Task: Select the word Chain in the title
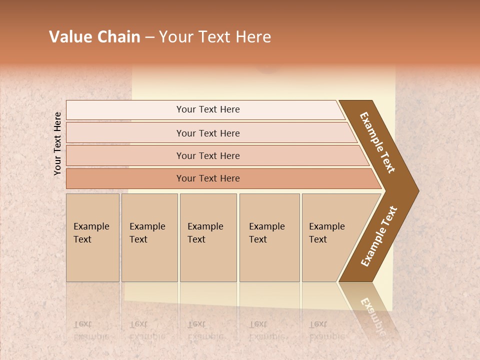pos(119,37)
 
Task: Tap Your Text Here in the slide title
pos(215,37)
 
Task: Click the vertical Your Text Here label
pos(57,143)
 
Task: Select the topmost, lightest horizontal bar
pos(208,109)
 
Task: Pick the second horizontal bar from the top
pos(208,133)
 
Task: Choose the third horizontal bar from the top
pos(208,155)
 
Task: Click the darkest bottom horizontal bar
pos(208,178)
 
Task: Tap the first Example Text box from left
pos(92,237)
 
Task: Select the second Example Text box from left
pos(149,237)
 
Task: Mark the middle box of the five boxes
pos(208,237)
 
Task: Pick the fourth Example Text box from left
pos(269,237)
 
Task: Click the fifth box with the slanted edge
pos(330,237)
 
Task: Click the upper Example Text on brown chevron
pos(377,142)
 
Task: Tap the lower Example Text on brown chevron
pos(379,236)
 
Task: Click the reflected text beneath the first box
pos(91,330)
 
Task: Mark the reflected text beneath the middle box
pos(205,330)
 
